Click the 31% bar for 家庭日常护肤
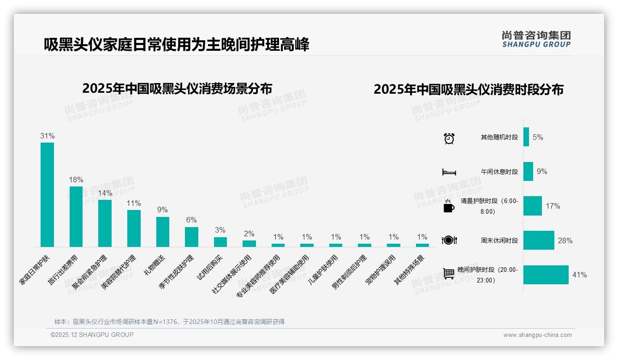47,194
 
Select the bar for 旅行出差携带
76,216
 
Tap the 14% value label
105,193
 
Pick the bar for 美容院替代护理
134,228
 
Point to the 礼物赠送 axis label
154,265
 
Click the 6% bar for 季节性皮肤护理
191,237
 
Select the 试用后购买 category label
210,267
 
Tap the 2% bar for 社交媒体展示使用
249,244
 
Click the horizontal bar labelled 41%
546,275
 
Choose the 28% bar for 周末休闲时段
539,240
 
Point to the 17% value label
553,206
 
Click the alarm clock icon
449,138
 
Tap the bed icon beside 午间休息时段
449,172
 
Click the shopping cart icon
449,273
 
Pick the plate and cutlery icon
449,240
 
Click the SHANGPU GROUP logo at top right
536,39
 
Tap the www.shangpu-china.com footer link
537,335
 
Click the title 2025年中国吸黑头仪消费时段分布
469,90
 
